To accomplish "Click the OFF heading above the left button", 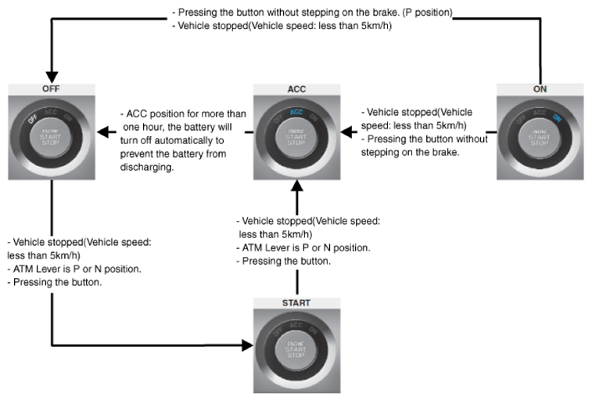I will [51, 89].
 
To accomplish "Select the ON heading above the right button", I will [539, 89].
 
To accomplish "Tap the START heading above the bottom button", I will [296, 302].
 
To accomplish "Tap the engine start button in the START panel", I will [296, 349].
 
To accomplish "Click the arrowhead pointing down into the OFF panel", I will [51, 74].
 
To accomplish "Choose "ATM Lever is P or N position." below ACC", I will [306, 247].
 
